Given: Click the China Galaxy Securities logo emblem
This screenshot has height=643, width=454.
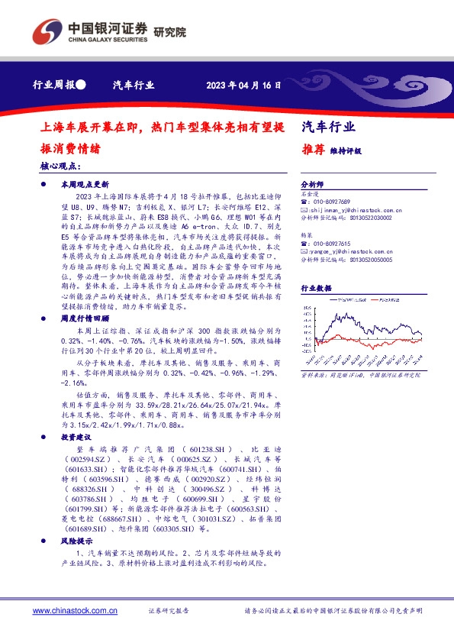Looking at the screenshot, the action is pyautogui.click(x=47, y=31).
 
